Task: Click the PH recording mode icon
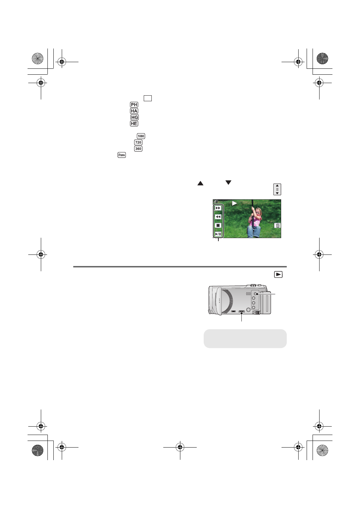pos(134,105)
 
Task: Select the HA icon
pos(134,111)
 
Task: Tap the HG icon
pos(135,117)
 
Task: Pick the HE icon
pos(134,124)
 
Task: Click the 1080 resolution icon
pos(141,136)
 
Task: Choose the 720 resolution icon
pos(138,142)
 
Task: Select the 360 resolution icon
pos(138,149)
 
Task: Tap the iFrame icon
pos(121,155)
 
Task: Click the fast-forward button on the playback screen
pos(218,208)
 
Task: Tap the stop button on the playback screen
pos(218,226)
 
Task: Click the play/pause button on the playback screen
pos(218,234)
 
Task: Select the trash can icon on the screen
pos(278,226)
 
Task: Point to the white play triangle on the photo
pos(234,203)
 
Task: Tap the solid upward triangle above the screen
pos(200,183)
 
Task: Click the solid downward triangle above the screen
pos(228,182)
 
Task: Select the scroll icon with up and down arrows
pos(277,189)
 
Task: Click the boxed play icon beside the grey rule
pos(278,275)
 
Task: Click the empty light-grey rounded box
pos(245,338)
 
